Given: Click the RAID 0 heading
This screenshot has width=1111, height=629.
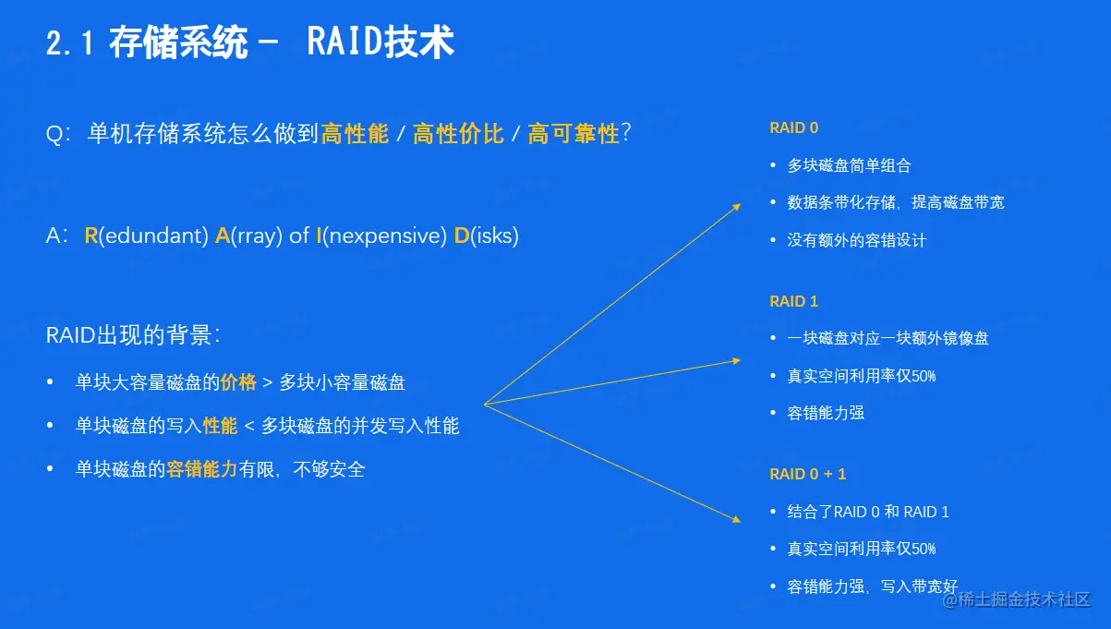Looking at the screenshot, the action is click(793, 128).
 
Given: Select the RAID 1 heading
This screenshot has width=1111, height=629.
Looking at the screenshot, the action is click(793, 301).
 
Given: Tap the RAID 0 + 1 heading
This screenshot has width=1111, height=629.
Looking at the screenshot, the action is click(807, 474).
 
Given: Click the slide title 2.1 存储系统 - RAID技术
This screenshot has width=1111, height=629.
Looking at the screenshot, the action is click(250, 42).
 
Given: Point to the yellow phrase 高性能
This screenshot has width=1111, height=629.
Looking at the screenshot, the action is click(355, 133).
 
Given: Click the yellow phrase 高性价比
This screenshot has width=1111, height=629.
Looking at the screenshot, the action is click(458, 133).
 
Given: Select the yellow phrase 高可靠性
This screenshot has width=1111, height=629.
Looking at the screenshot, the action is click(574, 133).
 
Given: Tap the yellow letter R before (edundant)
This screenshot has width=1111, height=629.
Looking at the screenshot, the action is click(91, 236).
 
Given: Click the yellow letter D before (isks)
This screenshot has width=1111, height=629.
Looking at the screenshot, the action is click(461, 236).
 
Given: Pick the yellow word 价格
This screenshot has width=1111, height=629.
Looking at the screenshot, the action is click(238, 382).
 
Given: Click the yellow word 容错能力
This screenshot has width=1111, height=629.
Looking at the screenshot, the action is click(202, 469).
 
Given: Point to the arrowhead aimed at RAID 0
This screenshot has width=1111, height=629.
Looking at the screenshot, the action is click(738, 206).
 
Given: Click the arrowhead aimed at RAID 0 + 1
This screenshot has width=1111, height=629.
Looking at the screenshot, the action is click(737, 519).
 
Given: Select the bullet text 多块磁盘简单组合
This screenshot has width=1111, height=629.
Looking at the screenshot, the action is click(849, 165).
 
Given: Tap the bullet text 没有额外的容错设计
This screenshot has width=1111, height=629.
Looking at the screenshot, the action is click(856, 240).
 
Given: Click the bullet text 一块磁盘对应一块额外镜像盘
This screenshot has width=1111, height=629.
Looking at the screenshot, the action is click(888, 338).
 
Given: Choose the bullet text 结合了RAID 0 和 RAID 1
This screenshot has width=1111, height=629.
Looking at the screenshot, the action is click(868, 512).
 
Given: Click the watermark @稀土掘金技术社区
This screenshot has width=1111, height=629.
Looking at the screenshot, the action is click(1016, 599).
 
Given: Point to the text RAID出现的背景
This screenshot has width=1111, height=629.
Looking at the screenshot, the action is click(132, 335).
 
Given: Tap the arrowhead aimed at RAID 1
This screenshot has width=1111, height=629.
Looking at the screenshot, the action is click(737, 360).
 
